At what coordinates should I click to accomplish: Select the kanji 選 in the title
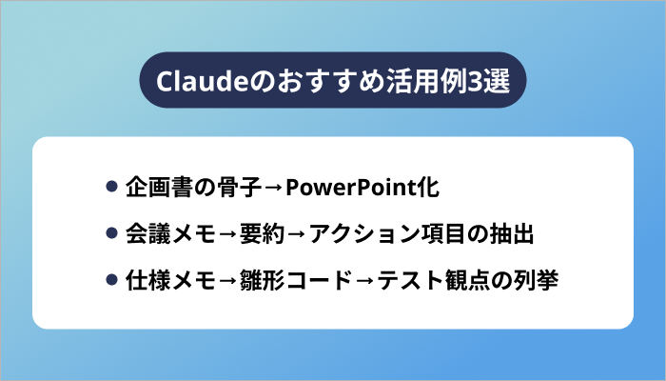point(498,80)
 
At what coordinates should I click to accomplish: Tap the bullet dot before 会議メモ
point(111,233)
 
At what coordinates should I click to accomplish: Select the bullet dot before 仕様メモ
point(111,281)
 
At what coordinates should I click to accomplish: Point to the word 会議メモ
point(169,233)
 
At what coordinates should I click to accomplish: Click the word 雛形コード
point(295,281)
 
